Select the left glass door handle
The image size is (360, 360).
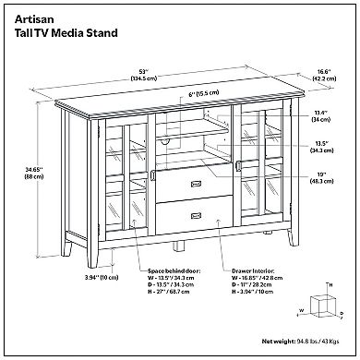148,178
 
